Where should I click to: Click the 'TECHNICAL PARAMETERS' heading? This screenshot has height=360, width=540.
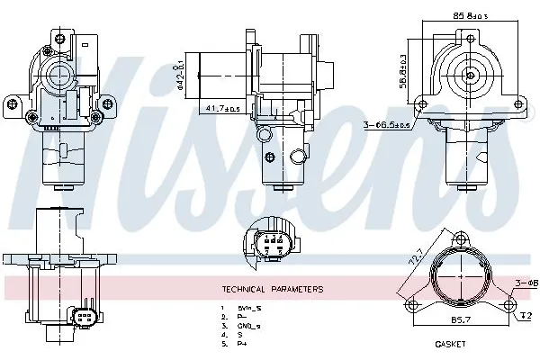(270, 289)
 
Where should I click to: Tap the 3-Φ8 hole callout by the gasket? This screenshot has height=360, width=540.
(526, 284)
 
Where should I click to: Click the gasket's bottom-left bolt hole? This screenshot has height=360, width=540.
(415, 303)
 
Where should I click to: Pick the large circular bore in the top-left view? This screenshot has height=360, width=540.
(60, 71)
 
